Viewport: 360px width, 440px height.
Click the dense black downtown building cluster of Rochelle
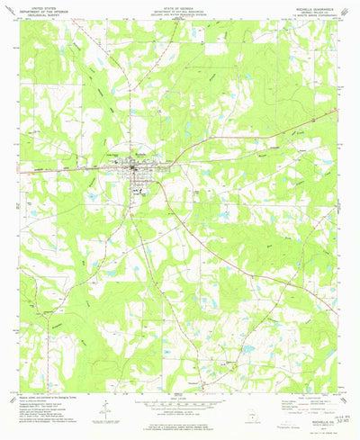click(133, 166)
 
